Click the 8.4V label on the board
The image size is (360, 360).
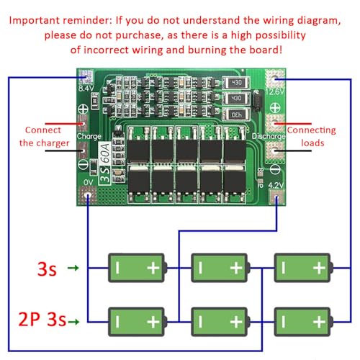pos(86,89)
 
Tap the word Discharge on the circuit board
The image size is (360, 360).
pos(266,135)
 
